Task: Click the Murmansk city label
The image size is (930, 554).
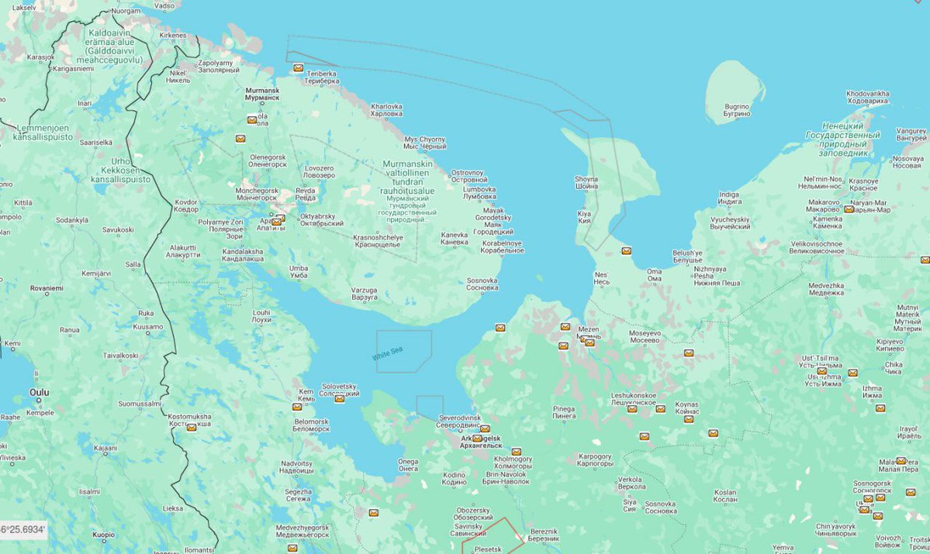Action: coord(261,94)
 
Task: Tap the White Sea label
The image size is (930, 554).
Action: coord(388,354)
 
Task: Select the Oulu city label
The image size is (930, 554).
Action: coord(39,393)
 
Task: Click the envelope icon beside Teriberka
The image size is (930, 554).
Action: coord(298,68)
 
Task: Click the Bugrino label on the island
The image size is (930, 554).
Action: coord(737,109)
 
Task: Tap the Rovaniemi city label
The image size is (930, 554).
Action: coord(47,287)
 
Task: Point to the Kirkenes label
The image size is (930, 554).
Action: coord(173,36)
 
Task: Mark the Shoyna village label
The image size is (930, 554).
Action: coord(586,182)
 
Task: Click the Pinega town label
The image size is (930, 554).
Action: coord(563,412)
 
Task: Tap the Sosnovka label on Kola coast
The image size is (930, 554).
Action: coord(482,284)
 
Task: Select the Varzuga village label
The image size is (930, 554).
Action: coord(364,293)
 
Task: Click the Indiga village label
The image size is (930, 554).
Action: coord(729,198)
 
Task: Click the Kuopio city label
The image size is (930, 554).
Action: coord(103,535)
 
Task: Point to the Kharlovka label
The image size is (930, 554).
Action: coord(386,109)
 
